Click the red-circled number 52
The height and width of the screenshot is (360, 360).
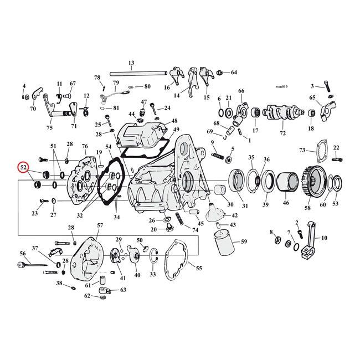point(24,166)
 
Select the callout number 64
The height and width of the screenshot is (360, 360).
point(234,73)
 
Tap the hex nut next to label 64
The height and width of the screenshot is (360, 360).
point(220,73)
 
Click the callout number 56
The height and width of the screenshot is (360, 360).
point(23,253)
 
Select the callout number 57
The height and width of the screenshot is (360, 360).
point(100,225)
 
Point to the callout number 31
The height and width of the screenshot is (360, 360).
point(244,206)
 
